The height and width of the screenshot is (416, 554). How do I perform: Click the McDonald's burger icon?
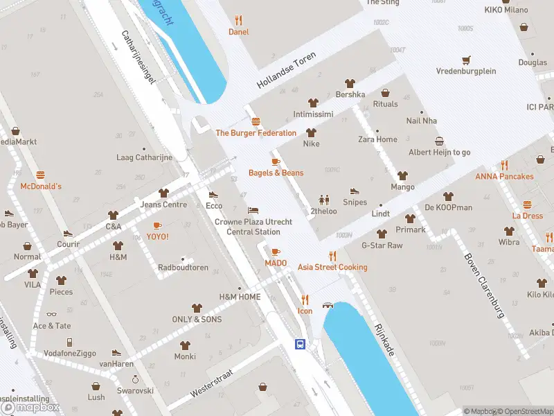pyautogui.click(x=41, y=175)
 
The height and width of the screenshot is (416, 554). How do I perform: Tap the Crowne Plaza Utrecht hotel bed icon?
pyautogui.click(x=253, y=210)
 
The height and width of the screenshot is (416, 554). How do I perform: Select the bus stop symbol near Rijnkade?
pyautogui.click(x=301, y=343)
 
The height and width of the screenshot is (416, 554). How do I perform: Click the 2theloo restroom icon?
pyautogui.click(x=323, y=200)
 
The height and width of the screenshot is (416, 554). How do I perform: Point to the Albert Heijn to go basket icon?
pyautogui.click(x=439, y=141)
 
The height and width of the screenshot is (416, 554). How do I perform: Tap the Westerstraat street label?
pyautogui.click(x=211, y=382)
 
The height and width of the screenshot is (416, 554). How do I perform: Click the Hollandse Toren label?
pyautogui.click(x=286, y=72)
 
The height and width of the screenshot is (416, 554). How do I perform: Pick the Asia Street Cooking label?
pyautogui.click(x=332, y=267)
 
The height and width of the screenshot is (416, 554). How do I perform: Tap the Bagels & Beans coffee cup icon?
pyautogui.click(x=276, y=161)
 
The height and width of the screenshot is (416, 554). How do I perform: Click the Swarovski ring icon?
pyautogui.click(x=135, y=379)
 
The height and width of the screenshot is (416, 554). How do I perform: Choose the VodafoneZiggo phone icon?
pyautogui.click(x=69, y=342)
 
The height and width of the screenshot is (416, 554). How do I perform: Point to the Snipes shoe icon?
pyautogui.click(x=355, y=191)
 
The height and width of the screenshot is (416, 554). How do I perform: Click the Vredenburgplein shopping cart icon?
pyautogui.click(x=466, y=60)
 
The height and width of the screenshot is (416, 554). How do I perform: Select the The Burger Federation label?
pyautogui.click(x=256, y=132)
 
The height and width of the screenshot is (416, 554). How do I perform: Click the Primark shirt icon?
pyautogui.click(x=410, y=218)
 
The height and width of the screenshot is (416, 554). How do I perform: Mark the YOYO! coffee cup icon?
pyautogui.click(x=157, y=225)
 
